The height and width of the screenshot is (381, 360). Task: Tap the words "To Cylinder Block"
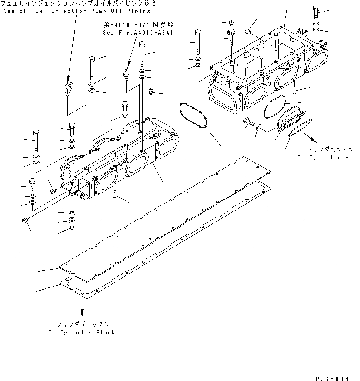82,332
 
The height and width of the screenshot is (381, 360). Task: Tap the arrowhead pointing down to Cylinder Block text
83,312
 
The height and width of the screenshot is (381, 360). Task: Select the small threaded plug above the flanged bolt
232,23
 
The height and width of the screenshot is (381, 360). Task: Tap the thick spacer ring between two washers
72,221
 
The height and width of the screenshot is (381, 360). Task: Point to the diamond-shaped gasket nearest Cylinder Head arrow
300,128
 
